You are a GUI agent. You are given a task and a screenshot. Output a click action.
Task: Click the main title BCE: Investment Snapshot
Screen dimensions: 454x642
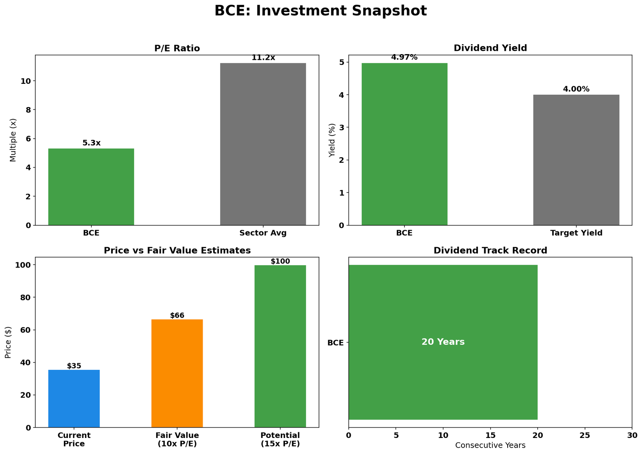[321, 11]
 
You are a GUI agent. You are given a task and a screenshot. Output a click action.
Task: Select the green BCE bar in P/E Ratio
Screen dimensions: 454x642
[91, 187]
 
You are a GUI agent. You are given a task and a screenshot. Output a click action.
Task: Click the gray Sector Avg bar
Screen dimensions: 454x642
[263, 144]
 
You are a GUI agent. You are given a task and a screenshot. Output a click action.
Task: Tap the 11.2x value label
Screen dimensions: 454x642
[263, 58]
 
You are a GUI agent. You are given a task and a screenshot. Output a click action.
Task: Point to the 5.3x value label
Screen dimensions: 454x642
[91, 143]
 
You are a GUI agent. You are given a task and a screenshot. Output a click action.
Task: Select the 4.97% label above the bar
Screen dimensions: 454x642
[404, 57]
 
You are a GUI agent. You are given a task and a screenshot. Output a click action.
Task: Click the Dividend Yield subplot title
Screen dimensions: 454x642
[490, 48]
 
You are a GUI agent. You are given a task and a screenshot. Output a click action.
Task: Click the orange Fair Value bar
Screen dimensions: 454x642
[177, 373]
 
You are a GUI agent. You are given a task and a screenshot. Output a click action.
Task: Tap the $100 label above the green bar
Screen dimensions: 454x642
[280, 261]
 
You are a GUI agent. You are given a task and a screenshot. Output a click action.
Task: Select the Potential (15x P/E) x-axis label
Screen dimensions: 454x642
[280, 440]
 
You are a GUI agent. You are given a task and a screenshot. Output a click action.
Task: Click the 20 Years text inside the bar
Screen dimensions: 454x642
[443, 342]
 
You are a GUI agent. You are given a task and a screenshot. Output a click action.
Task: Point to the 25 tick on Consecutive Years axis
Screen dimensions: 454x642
[585, 436]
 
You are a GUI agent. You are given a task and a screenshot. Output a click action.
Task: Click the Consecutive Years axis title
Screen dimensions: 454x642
[490, 445]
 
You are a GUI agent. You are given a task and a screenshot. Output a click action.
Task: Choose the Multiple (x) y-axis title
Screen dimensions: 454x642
[13, 140]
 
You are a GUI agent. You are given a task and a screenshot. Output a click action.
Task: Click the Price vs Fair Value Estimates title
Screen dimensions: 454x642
[177, 251]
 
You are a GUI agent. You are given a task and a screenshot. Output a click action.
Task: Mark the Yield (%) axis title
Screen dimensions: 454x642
[331, 140]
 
